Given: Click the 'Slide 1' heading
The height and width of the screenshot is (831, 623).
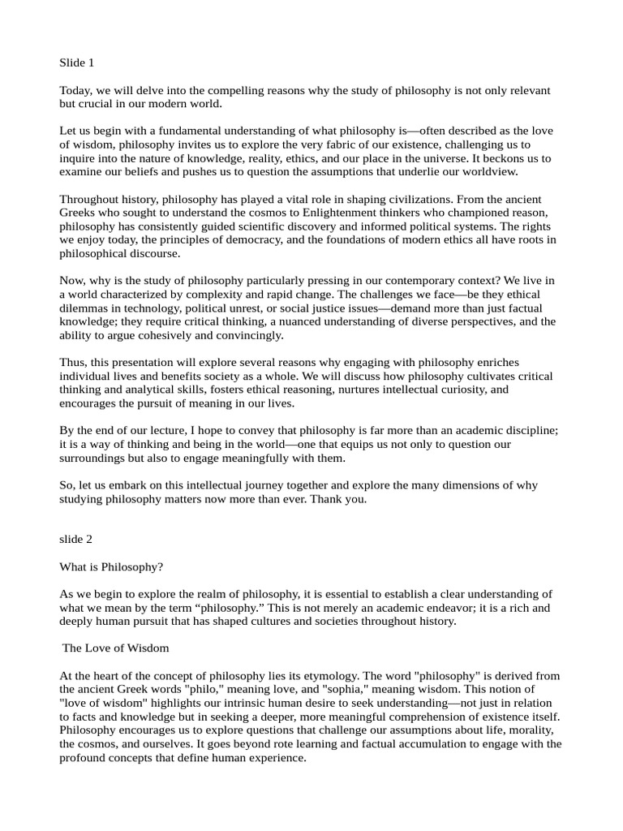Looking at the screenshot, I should [77, 62].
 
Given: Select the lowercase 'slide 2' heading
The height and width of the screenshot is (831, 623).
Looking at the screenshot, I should [76, 539].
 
